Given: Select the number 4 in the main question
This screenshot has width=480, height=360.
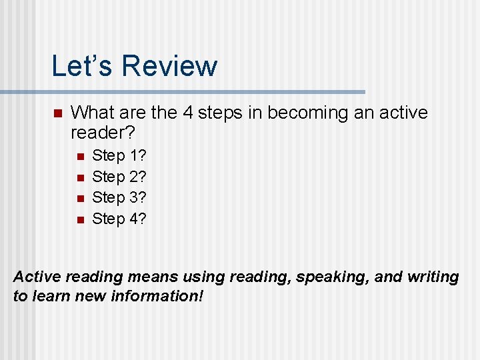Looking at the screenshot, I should (188, 113).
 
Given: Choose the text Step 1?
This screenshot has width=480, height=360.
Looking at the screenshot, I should (119, 156).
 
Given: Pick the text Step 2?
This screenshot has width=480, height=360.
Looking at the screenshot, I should (119, 177).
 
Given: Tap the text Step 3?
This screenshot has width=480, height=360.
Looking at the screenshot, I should (119, 197).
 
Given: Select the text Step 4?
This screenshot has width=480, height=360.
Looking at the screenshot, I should (119, 218).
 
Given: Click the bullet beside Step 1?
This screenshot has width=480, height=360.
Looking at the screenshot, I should (79, 157).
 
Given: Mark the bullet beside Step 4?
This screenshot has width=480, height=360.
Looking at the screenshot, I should (79, 219).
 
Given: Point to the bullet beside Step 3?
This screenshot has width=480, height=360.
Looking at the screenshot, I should (79, 198).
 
